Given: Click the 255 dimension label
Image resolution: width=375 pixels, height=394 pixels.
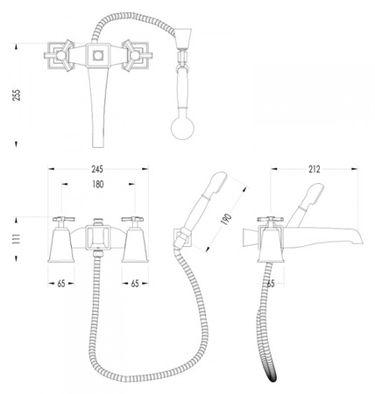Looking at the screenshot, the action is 17,95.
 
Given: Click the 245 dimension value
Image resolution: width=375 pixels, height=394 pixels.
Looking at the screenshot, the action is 97,169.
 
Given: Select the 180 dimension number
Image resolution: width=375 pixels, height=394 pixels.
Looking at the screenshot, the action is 98,184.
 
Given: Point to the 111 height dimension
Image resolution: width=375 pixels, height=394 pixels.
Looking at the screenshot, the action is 17,239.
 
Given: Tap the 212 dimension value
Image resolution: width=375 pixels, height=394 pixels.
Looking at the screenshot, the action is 315,169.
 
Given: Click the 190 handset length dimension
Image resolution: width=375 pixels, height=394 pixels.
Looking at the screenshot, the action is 226,219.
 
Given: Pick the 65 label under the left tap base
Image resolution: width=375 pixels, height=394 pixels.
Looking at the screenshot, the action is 61,284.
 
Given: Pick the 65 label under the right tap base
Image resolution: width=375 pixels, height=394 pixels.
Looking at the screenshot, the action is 135,284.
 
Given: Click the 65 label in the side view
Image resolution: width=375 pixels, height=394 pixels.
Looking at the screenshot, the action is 271,284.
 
